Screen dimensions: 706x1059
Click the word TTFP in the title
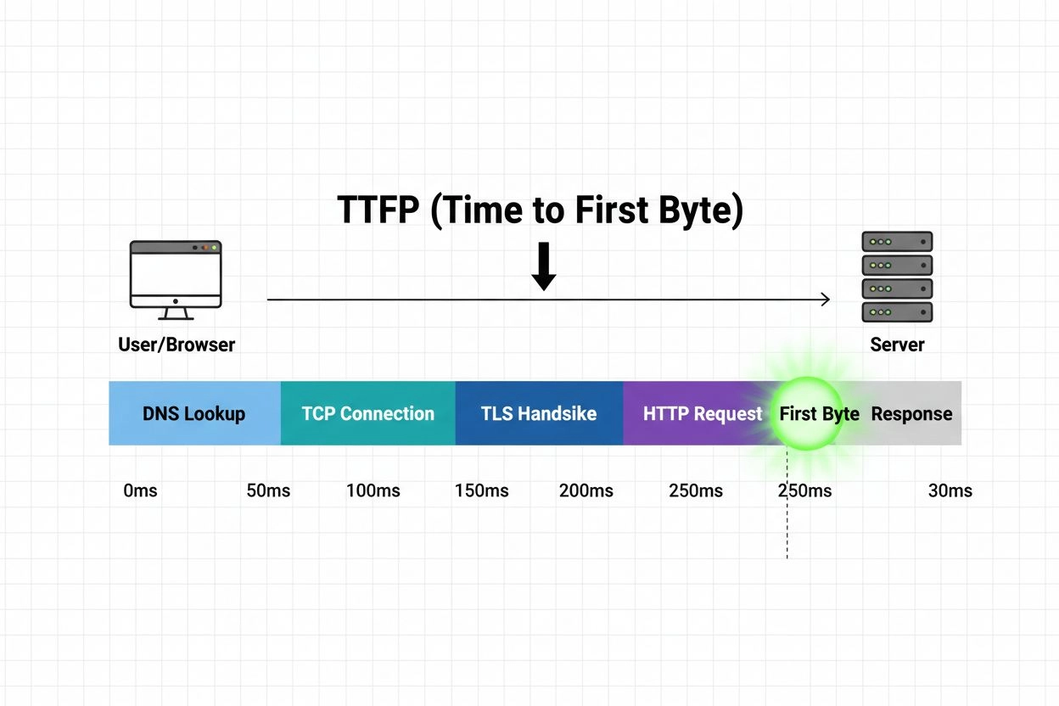click(378, 210)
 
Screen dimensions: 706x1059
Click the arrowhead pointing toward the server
click(824, 299)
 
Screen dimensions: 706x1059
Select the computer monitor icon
click(176, 279)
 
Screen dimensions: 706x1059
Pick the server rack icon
click(897, 277)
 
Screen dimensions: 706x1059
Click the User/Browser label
click(176, 345)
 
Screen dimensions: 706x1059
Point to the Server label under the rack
click(897, 345)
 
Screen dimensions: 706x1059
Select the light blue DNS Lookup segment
click(194, 413)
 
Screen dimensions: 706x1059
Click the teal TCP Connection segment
click(367, 413)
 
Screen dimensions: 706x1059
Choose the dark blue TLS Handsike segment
click(539, 413)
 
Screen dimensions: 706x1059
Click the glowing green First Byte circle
click(806, 413)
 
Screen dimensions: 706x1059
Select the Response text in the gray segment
click(912, 414)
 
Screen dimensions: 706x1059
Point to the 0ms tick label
click(140, 490)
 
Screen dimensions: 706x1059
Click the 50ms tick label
click(268, 490)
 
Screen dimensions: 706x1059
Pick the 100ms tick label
click(373, 490)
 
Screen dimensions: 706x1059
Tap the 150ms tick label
click(482, 490)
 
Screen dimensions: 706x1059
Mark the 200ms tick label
click(586, 490)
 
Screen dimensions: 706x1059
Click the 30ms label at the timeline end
click(950, 490)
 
